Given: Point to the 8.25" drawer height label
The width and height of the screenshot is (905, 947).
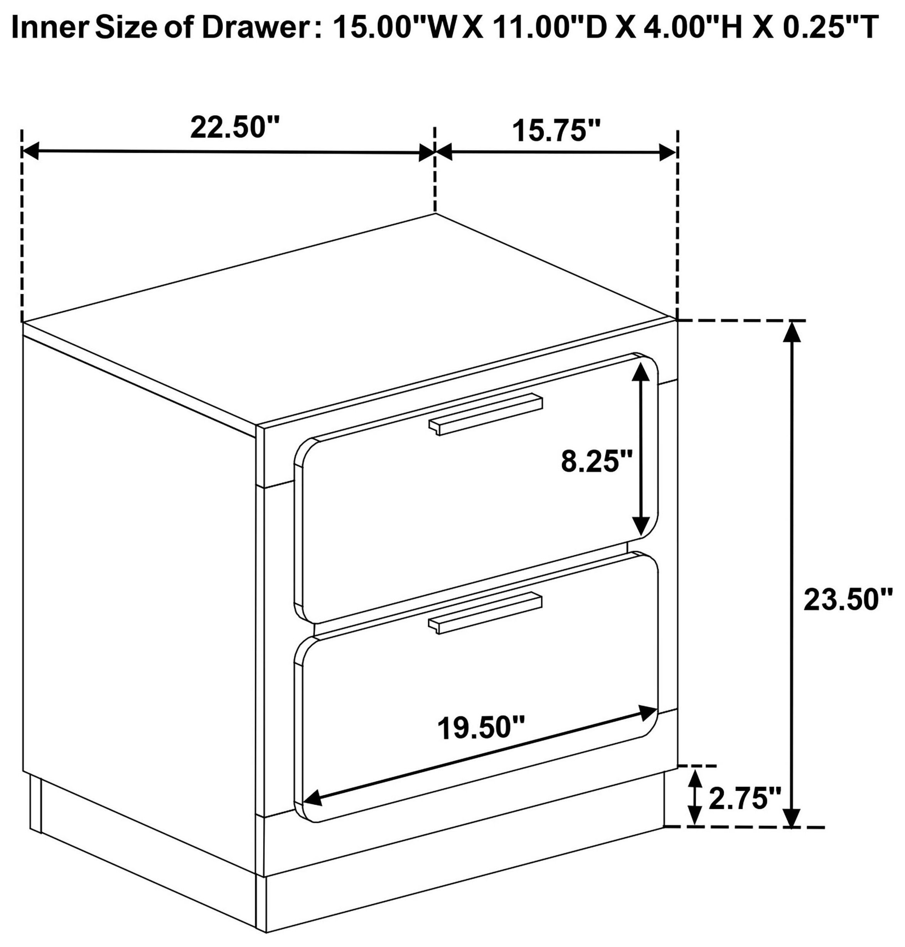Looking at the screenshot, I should click(596, 462).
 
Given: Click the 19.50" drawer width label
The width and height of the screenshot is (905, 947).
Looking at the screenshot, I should click(481, 728).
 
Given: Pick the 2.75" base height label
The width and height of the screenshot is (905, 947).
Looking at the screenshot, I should click(744, 799).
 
